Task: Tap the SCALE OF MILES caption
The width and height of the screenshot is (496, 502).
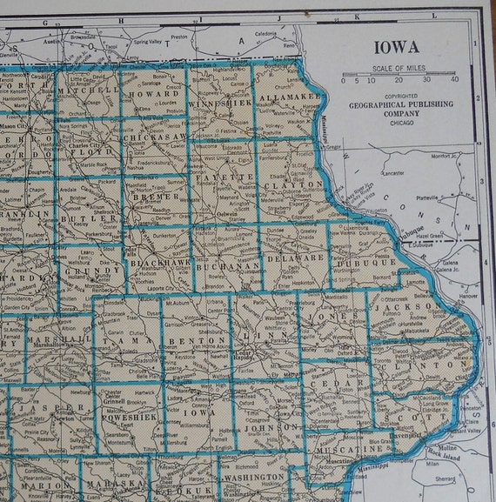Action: (x=399, y=69)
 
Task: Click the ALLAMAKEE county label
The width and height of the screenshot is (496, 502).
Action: (x=287, y=97)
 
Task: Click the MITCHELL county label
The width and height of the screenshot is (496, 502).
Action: (x=87, y=89)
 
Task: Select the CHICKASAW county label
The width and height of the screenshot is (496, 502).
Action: (x=155, y=137)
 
